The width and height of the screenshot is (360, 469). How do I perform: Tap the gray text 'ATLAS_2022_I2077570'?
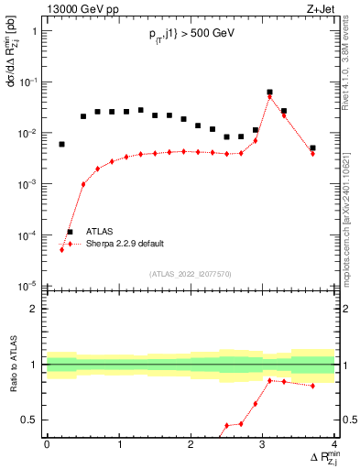pyautogui.click(x=191, y=274)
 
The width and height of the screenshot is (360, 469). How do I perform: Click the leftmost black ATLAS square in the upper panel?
pyautogui.click(x=61, y=144)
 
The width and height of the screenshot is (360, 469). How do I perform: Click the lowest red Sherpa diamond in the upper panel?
pyautogui.click(x=61, y=249)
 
